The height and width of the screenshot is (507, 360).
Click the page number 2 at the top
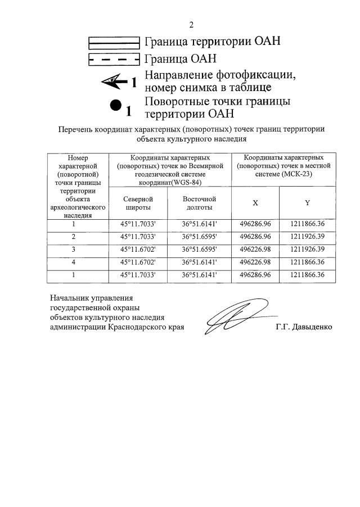(x=191, y=25)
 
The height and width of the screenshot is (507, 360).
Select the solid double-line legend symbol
(x=114, y=42)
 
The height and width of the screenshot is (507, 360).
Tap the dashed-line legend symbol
(x=114, y=58)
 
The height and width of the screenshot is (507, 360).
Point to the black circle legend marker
(x=115, y=105)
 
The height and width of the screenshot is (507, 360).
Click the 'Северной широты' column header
(x=137, y=203)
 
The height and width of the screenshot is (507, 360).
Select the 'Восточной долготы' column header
(x=199, y=203)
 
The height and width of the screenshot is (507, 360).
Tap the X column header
(x=255, y=202)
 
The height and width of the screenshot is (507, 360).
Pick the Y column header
(x=307, y=202)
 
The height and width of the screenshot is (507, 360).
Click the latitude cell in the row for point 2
(x=137, y=237)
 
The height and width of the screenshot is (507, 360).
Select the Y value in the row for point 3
(x=308, y=250)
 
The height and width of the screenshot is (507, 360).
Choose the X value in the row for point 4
(x=255, y=262)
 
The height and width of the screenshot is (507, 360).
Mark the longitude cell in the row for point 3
(x=199, y=250)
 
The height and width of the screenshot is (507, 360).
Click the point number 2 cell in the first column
(x=74, y=237)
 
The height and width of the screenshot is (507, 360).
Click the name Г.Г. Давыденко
(x=304, y=327)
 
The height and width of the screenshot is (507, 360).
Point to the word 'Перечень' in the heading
(x=75, y=129)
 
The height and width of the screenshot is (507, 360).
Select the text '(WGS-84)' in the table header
(x=186, y=182)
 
